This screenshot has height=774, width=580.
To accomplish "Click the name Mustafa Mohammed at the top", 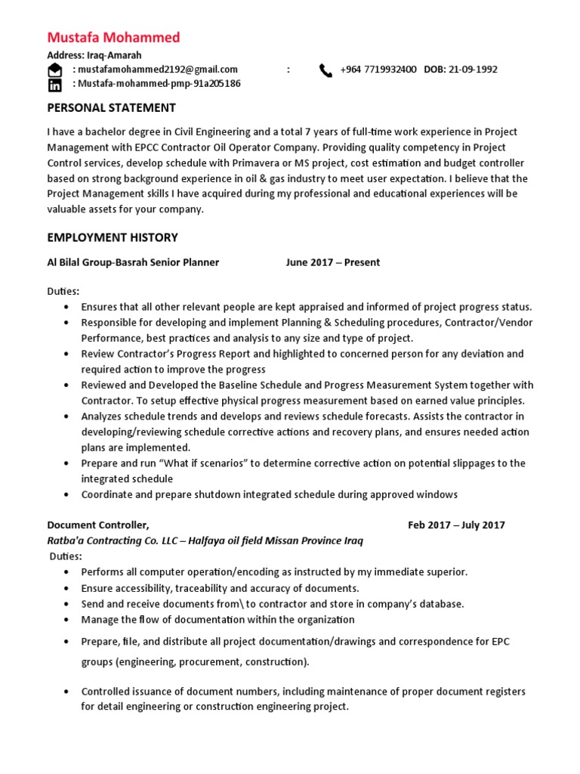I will [x=113, y=38].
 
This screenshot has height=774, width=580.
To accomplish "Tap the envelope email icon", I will [x=54, y=70].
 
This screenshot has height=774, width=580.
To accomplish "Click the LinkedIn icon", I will [x=54, y=84].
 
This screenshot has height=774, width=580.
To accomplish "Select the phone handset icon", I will [x=325, y=70].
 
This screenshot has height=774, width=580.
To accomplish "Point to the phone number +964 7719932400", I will [x=378, y=70].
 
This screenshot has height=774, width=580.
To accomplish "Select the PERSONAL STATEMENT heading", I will [x=111, y=107].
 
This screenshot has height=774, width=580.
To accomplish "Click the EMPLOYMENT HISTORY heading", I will [x=113, y=237].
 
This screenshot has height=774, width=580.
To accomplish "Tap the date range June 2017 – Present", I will [x=332, y=262].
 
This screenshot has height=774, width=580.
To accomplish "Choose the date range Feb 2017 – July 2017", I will [x=456, y=525].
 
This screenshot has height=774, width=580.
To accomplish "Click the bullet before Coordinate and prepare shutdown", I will [x=67, y=495].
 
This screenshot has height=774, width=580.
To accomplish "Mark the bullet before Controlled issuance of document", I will [x=67, y=692].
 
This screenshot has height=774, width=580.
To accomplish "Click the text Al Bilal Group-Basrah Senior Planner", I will [x=133, y=262].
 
